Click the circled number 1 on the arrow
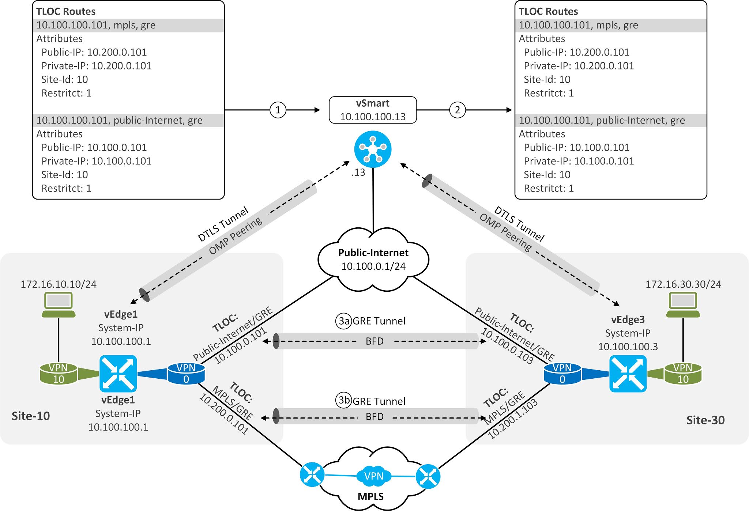point(278,110)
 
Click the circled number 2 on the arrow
point(457,110)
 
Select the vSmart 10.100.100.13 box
point(373,110)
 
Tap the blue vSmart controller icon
point(373,149)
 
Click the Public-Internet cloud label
point(373,253)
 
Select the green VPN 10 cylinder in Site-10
point(59,374)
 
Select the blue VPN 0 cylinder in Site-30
point(562,374)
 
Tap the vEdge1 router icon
point(118,374)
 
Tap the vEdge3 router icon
point(628,374)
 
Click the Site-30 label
point(705,420)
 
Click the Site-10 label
point(31,416)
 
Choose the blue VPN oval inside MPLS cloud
point(374,476)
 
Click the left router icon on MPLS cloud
point(312,474)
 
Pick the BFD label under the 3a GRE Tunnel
point(374,341)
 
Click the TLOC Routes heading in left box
point(66,12)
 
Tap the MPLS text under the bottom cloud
point(370,496)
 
